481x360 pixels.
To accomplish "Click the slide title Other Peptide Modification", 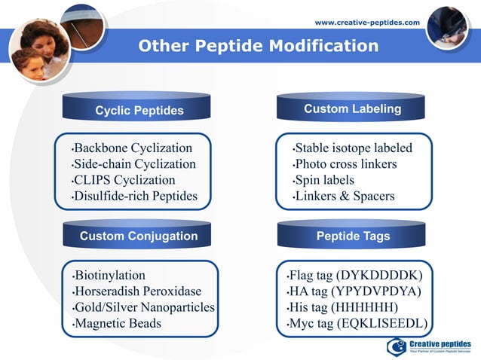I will click(258, 47).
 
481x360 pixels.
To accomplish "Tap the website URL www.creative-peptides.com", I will click(367, 23).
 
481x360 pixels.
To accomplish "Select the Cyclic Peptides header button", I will click(139, 111).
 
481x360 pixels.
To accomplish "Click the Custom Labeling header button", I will click(352, 109).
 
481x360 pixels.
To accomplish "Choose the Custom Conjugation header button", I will click(139, 236).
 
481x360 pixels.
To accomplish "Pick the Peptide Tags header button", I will click(353, 236).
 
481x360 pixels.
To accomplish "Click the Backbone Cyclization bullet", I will click(132, 148).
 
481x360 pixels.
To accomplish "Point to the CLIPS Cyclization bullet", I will click(124, 180).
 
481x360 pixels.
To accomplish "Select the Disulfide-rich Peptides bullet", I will click(135, 197).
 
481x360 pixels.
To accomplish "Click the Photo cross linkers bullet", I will click(345, 164).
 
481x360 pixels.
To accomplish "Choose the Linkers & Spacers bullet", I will click(344, 197).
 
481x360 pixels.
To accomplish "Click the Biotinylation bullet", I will click(109, 275).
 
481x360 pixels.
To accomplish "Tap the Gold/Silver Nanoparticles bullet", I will click(143, 307).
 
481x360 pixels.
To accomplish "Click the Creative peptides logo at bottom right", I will click(430, 346).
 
